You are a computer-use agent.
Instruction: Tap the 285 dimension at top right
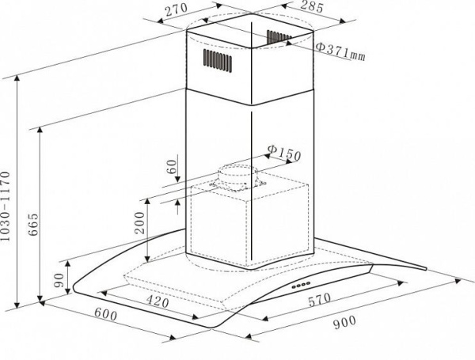pos(312,6)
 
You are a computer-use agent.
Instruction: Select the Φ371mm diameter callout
pos(340,51)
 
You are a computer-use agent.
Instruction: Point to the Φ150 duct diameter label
pos(284,153)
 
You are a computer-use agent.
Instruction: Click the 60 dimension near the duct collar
pos(172,166)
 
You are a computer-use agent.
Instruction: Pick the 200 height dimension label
pos(139,222)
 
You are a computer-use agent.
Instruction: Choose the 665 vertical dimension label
pos(33,225)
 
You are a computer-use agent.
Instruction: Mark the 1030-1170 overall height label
pos(6,207)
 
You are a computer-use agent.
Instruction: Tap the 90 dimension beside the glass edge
pos(59,280)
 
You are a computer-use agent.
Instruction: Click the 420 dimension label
pos(158,301)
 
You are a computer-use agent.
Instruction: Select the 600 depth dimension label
pos(105,314)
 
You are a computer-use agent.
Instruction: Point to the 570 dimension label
pos(320,300)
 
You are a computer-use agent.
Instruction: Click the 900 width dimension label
pos(344,322)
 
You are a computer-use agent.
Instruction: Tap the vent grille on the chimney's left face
pos(218,59)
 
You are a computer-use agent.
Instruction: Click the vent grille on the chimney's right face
pos(278,37)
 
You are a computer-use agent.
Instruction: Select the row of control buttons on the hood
pos(301,285)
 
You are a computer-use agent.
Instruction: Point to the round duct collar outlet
pos(237,177)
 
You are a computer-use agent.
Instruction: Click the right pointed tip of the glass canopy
pos(426,268)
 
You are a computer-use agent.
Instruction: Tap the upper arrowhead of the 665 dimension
pos(40,131)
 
